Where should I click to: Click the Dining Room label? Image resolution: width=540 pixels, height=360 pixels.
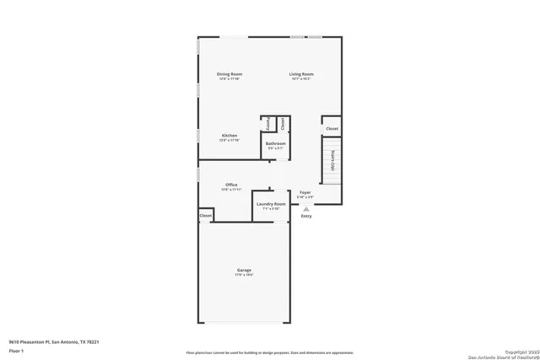point(229,74)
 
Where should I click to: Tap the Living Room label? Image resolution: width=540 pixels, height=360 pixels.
point(301,74)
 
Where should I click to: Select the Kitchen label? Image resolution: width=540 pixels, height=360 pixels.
point(229,135)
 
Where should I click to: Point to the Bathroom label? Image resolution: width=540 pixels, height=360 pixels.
point(276,143)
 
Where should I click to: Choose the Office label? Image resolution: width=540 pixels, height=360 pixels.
point(231,185)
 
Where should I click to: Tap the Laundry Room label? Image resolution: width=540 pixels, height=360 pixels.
point(270,204)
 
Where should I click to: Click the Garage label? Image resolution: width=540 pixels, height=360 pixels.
point(243,270)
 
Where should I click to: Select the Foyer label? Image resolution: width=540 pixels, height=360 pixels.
point(305,192)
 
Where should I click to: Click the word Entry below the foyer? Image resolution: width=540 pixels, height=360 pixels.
point(306,217)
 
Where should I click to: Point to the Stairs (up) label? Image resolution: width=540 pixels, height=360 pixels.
point(333,160)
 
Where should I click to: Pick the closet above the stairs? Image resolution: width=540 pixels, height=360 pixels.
point(332,128)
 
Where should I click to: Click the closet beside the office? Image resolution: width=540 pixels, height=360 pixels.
point(206,216)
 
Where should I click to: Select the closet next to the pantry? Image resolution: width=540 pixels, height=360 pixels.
point(283,123)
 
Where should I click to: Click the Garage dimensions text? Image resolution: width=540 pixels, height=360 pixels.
point(243,275)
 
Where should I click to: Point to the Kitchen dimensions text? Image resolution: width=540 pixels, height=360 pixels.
point(229,140)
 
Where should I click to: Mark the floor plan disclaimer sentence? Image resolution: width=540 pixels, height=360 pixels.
point(270,352)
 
